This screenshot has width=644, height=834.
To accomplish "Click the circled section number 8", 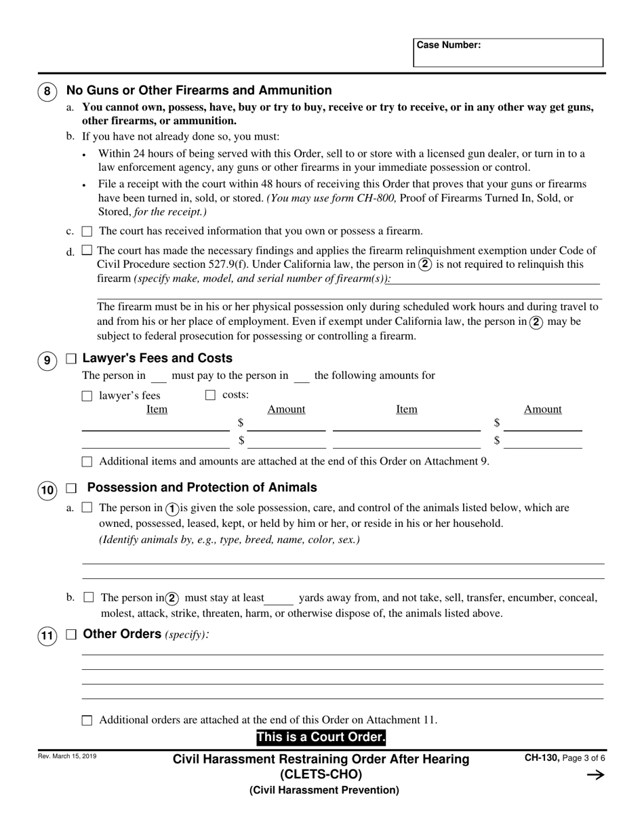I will [47, 92].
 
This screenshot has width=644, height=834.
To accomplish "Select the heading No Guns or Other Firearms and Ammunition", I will [199, 90].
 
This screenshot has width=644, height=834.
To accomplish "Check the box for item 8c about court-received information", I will [87, 231].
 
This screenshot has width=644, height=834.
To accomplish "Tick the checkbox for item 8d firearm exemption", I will [87, 250].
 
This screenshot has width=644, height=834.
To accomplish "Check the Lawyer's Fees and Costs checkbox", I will [71, 359].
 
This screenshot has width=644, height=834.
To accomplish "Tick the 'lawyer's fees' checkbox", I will [87, 396].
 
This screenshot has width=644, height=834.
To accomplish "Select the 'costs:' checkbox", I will [210, 395].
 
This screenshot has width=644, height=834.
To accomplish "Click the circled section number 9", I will [47, 360].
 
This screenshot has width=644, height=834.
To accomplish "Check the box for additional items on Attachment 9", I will [87, 462].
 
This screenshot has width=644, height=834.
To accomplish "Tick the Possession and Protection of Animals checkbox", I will [71, 488].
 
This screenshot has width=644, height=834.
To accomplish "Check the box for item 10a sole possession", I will [87, 508].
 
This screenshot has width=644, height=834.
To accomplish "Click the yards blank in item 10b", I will [279, 599].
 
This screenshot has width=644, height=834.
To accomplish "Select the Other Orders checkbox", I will [71, 635].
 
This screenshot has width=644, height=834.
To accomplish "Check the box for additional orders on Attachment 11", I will [87, 721].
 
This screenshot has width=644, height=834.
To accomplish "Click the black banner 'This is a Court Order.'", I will [321, 738].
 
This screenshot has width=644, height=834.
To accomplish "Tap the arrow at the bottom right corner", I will [595, 775].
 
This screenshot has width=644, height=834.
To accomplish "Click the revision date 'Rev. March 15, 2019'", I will [68, 756].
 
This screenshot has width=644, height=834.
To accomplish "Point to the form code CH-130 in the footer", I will [541, 759].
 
